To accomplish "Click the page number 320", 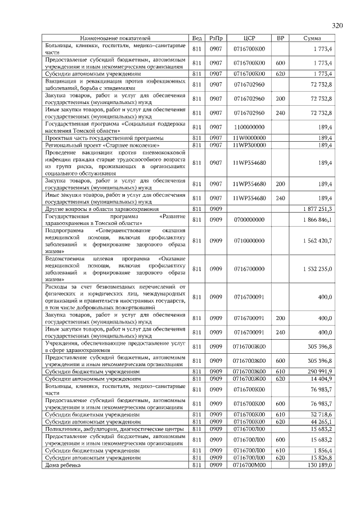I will [x=337, y=26].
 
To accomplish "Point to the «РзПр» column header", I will [x=216, y=38].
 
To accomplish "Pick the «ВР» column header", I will [x=280, y=38].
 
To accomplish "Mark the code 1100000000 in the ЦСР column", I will [x=249, y=128].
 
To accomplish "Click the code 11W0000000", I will [x=249, y=138].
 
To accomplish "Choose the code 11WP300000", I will [x=249, y=145].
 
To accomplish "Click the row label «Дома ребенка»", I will [x=63, y=465].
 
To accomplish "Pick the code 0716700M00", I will [x=249, y=465].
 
